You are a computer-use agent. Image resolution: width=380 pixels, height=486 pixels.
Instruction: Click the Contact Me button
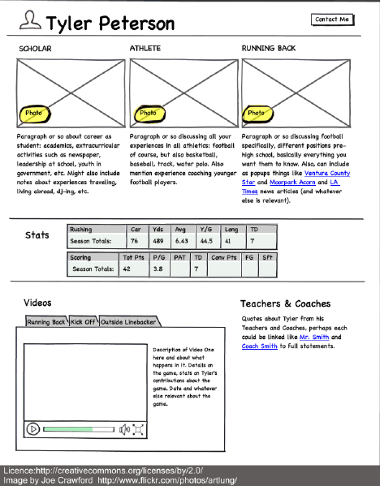pyautogui.click(x=332, y=19)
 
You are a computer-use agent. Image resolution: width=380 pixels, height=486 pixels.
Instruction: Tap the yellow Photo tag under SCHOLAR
pyautogui.click(x=35, y=113)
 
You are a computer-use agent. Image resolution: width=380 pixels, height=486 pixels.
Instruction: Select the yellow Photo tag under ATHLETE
pyautogui.click(x=148, y=113)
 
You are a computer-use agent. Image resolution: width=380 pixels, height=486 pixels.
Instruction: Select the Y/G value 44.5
pyautogui.click(x=207, y=241)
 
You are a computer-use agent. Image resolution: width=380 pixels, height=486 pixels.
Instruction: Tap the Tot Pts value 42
pyautogui.click(x=127, y=269)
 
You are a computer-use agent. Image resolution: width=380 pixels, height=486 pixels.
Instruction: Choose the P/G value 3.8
pyautogui.click(x=158, y=269)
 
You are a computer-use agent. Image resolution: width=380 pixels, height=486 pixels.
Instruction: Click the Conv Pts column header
pyautogui.click(x=224, y=257)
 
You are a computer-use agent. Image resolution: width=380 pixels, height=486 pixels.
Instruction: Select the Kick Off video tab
pyautogui.click(x=83, y=322)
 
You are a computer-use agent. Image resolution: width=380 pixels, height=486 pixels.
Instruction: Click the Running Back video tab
pyautogui.click(x=46, y=322)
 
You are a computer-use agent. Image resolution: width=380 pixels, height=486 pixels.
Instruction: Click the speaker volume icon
pyautogui.click(x=125, y=429)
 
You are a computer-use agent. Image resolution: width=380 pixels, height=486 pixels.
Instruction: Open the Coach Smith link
pyautogui.click(x=261, y=346)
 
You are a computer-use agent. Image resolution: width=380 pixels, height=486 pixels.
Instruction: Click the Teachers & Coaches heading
pyautogui.click(x=285, y=303)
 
